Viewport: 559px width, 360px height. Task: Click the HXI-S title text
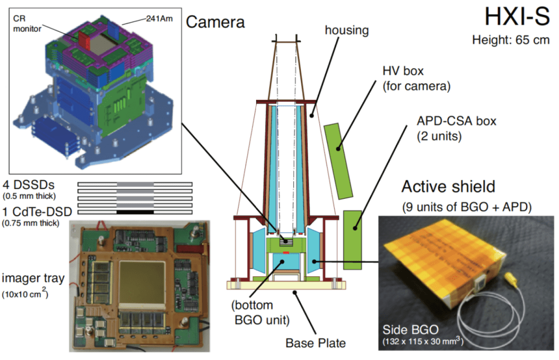pyautogui.click(x=516, y=17)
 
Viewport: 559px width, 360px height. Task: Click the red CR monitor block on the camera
pyautogui.click(x=84, y=38)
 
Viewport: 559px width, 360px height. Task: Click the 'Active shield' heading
pyautogui.click(x=448, y=187)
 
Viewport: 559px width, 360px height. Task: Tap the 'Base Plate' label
pyautogui.click(x=315, y=343)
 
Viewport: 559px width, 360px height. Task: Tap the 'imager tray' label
pyautogui.click(x=33, y=279)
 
